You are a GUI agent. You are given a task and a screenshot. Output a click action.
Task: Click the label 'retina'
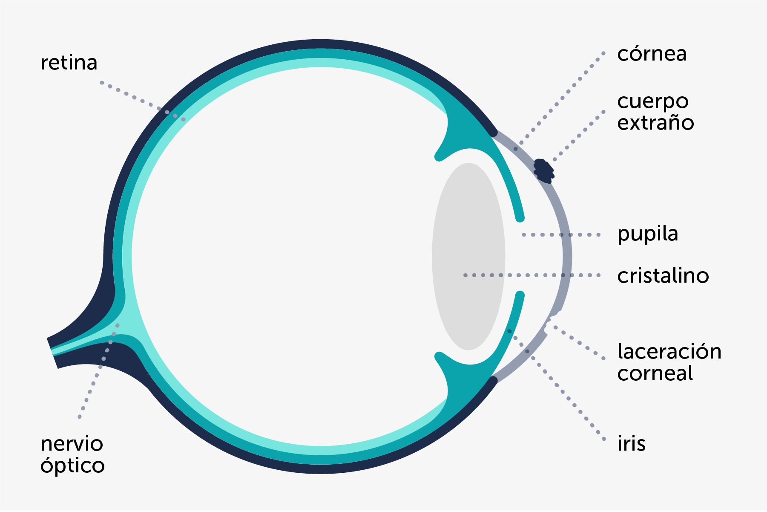(69, 63)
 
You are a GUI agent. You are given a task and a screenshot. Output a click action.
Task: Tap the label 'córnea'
(652, 54)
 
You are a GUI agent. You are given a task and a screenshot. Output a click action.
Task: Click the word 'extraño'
(655, 123)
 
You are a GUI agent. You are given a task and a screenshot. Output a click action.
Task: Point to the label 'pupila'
(647, 234)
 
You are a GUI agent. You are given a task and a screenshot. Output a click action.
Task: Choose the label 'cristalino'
(663, 276)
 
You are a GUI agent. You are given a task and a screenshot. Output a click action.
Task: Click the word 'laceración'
(669, 352)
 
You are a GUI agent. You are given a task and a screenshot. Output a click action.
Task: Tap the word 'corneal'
(655, 373)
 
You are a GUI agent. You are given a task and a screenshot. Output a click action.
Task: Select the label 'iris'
(631, 444)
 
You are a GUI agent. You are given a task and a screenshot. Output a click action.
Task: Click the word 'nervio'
(72, 444)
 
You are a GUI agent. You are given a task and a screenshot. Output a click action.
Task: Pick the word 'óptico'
(72, 466)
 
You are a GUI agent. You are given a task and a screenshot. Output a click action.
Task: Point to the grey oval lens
(468, 256)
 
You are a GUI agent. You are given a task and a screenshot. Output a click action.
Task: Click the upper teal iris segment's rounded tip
(520, 218)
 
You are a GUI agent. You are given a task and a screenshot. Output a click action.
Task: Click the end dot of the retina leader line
(184, 119)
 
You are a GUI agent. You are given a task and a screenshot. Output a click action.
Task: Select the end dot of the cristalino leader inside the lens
(465, 275)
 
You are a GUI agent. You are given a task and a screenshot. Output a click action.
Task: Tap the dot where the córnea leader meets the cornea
(516, 149)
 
